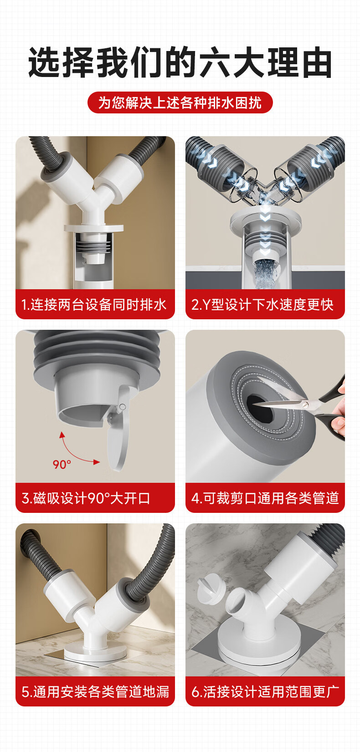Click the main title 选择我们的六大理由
[x=180, y=62]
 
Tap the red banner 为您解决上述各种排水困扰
[x=180, y=102]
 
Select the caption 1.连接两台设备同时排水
[x=94, y=305]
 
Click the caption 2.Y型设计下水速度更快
[x=262, y=305]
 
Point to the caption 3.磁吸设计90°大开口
[x=86, y=498]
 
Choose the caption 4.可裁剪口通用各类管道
[x=265, y=498]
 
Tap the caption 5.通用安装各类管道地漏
[x=95, y=692]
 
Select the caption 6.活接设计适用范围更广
[x=265, y=692]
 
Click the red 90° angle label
[x=62, y=465]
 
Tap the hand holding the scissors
[x=339, y=409]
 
